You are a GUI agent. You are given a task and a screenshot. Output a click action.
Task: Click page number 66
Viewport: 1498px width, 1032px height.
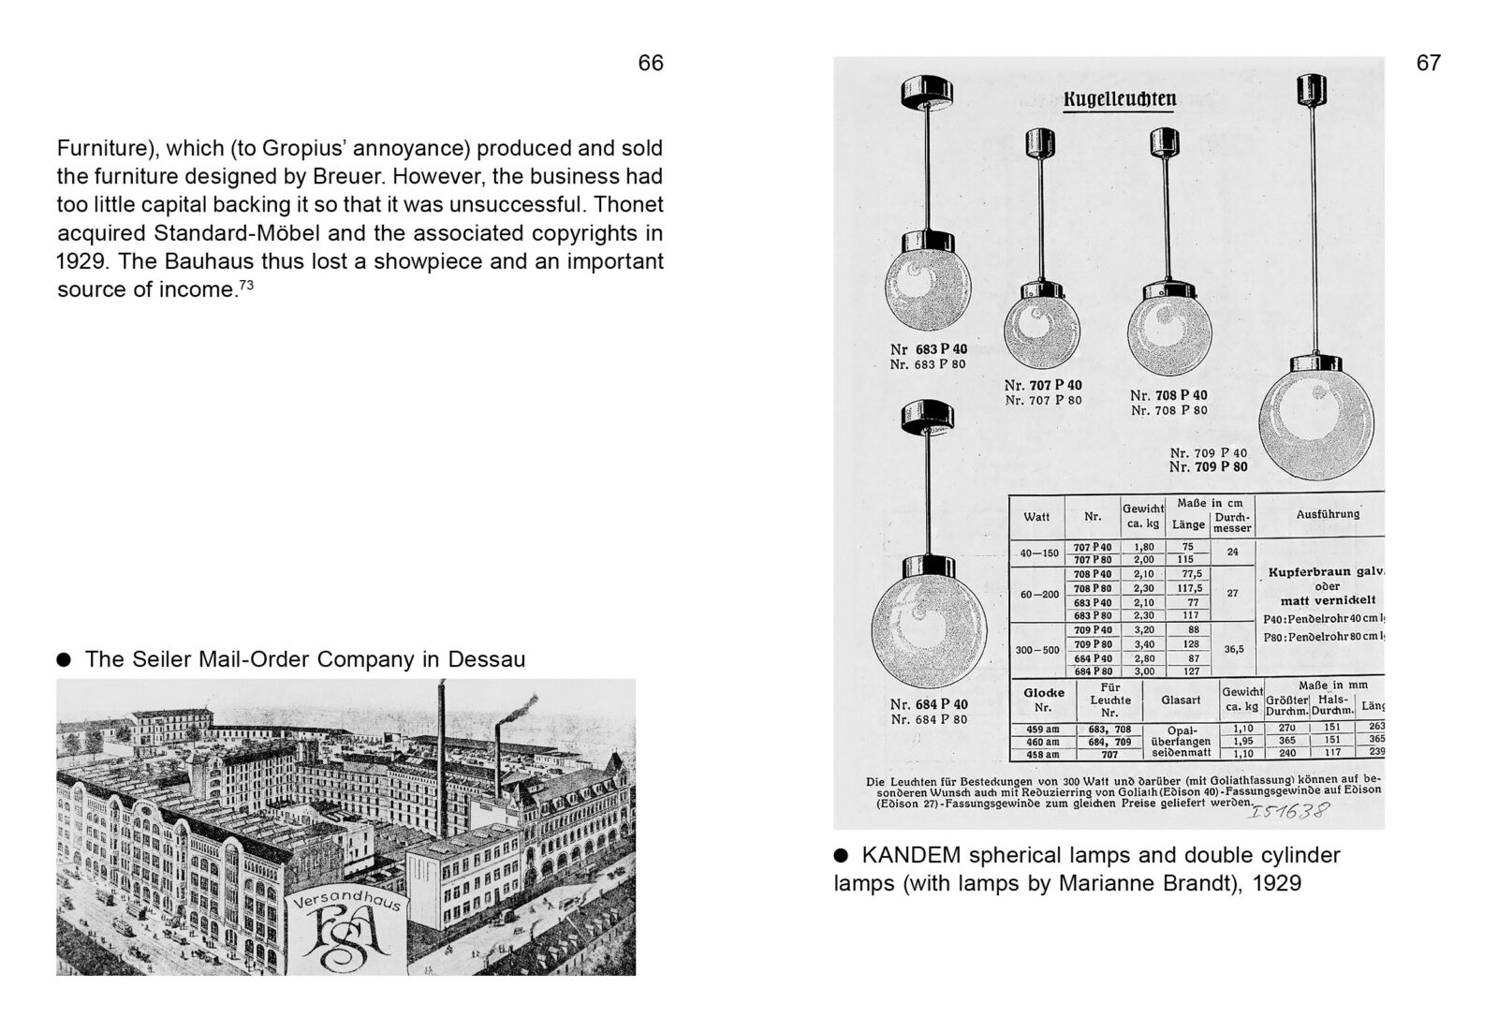pyautogui.click(x=650, y=63)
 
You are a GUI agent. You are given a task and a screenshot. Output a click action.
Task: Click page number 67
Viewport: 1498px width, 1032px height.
pyautogui.click(x=1428, y=63)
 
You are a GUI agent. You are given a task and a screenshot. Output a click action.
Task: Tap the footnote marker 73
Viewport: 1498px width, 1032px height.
pyautogui.click(x=246, y=284)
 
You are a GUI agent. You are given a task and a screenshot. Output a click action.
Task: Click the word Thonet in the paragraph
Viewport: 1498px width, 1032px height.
pyautogui.click(x=629, y=204)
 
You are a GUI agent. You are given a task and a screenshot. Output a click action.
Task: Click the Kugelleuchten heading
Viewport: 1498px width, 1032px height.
pyautogui.click(x=1120, y=99)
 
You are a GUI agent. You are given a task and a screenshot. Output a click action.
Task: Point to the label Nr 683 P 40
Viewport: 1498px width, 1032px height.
pyautogui.click(x=928, y=349)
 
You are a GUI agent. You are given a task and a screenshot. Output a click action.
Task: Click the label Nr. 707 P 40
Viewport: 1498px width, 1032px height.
pyautogui.click(x=1042, y=385)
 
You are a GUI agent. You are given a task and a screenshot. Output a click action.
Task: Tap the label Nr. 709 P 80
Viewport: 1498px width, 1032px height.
pyautogui.click(x=1208, y=467)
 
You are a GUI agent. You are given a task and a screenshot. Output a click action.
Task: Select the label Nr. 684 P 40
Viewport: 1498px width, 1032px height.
pyautogui.click(x=929, y=704)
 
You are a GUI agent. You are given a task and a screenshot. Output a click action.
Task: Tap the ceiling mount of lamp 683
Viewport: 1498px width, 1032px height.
pyautogui.click(x=927, y=91)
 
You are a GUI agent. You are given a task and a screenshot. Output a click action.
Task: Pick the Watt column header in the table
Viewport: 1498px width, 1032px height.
pyautogui.click(x=1036, y=516)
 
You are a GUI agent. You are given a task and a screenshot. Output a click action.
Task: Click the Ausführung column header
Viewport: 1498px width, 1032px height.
pyautogui.click(x=1327, y=513)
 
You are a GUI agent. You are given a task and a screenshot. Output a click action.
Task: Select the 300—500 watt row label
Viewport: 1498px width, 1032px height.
pyautogui.click(x=1037, y=649)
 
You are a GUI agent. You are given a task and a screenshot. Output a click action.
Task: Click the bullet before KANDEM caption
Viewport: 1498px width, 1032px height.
pyautogui.click(x=841, y=854)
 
